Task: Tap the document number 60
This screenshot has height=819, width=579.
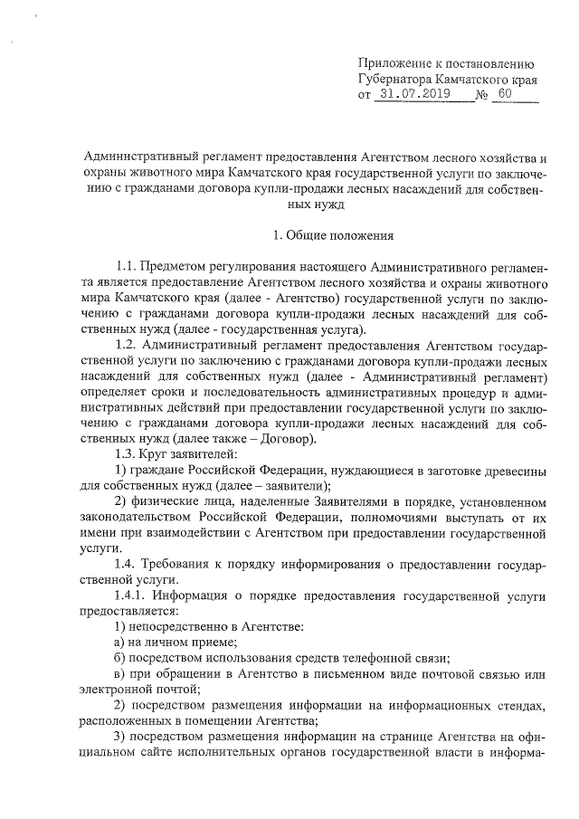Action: [504, 94]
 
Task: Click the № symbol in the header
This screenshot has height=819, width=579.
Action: [482, 95]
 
